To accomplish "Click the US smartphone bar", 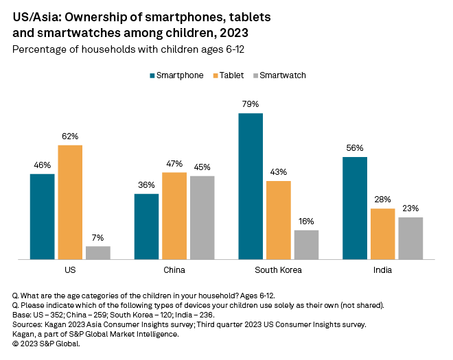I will [x=43, y=217].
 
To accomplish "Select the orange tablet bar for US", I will [x=70, y=202].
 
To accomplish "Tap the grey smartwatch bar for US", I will [x=98, y=252].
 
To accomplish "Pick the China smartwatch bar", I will [x=202, y=217].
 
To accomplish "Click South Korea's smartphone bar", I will [x=251, y=186].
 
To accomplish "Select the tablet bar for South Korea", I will [x=279, y=220].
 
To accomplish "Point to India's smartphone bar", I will [x=355, y=208].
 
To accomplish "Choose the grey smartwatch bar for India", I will [x=410, y=238].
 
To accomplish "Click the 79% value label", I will [x=251, y=104].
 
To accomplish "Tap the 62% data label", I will [x=70, y=136].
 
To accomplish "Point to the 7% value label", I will [x=98, y=237].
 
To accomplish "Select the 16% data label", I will [x=306, y=221].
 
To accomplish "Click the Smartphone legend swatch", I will [x=152, y=75].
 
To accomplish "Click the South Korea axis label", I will [x=278, y=269].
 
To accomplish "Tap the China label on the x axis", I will [x=174, y=269].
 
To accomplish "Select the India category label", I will [x=382, y=269].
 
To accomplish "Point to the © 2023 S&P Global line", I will [x=46, y=344].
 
